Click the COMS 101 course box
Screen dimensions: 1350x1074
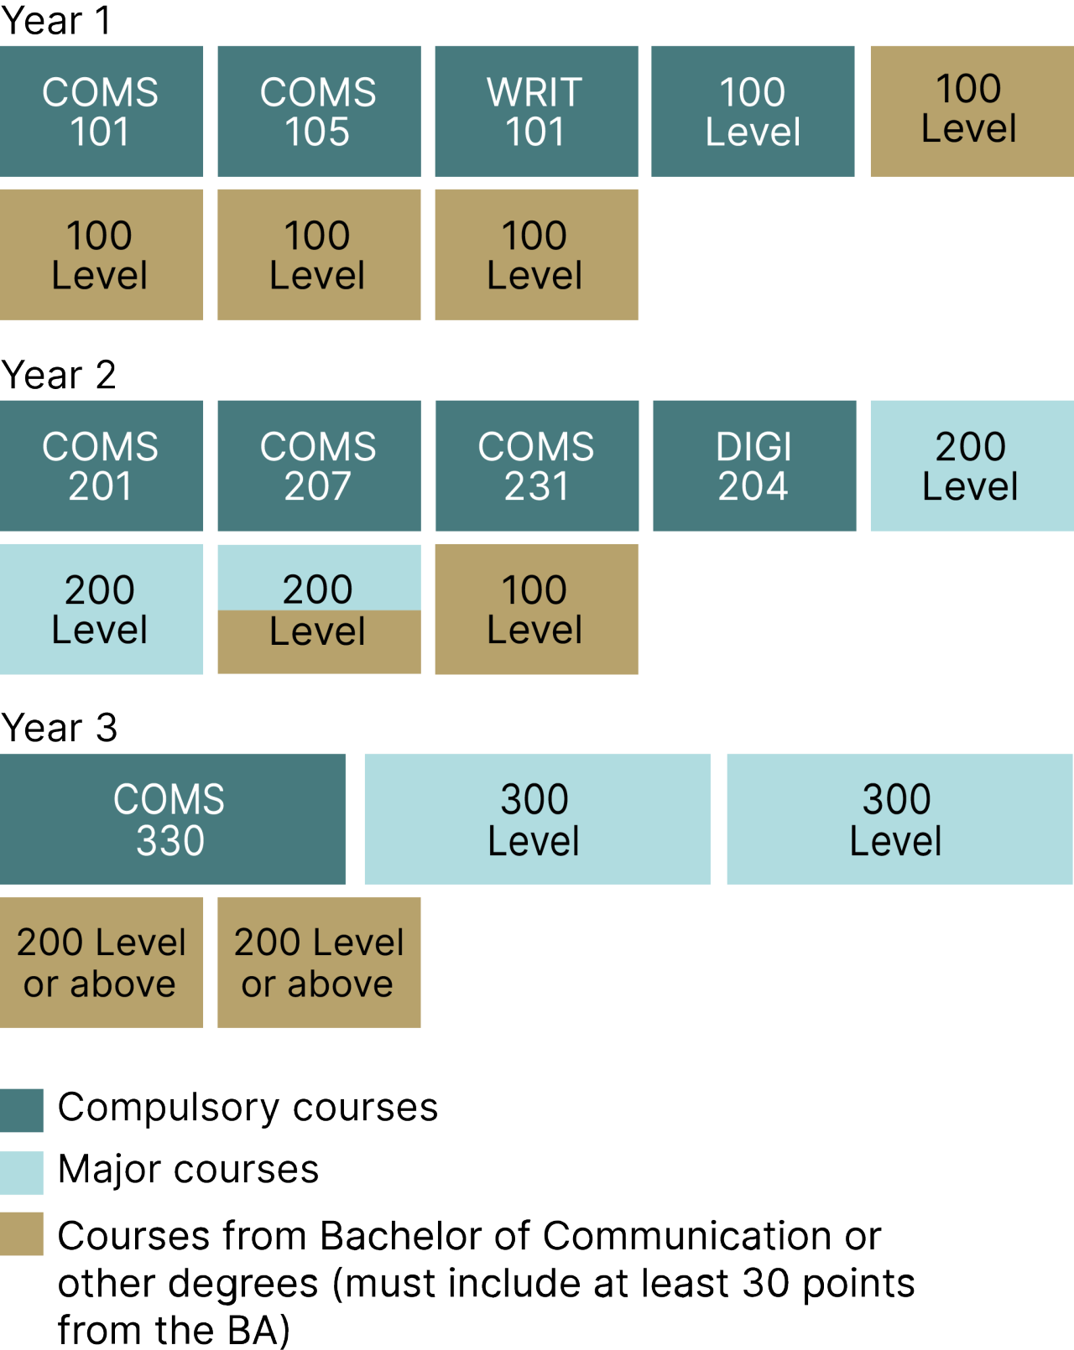(x=101, y=112)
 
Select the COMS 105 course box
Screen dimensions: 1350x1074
(x=319, y=112)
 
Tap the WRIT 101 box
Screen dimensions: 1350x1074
(x=536, y=112)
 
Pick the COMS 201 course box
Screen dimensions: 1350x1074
(x=101, y=465)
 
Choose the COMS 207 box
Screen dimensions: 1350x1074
(x=319, y=465)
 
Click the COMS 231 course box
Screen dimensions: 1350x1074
(x=536, y=465)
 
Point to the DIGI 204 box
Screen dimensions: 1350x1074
(x=754, y=465)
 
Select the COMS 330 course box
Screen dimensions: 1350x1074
(x=172, y=819)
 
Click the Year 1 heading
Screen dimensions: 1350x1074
(x=56, y=21)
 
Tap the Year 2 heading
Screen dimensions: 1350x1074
(x=59, y=375)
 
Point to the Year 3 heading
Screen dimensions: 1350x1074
(x=59, y=728)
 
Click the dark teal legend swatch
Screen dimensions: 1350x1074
(x=22, y=1110)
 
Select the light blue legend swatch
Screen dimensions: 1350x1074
(x=22, y=1172)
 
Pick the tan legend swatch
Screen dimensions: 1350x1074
(x=22, y=1233)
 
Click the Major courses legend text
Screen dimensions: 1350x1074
(x=188, y=1169)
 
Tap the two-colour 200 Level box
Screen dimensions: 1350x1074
(x=319, y=610)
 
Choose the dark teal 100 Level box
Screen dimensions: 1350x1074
(x=753, y=112)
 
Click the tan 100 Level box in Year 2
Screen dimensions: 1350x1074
(x=536, y=610)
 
